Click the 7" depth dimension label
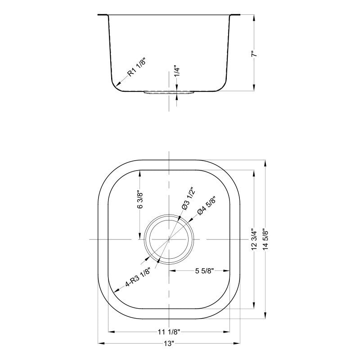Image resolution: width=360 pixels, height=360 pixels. coord(255,53)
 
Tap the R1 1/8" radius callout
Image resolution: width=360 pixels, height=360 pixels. coord(136,68)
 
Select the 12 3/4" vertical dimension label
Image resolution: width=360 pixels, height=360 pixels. coord(255,239)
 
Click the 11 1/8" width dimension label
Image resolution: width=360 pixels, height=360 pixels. coord(169,333)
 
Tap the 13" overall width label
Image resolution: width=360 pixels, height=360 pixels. coord(169,343)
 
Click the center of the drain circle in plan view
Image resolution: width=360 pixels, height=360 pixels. coord(169,239)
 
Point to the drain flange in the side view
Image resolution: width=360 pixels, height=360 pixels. coord(169,93)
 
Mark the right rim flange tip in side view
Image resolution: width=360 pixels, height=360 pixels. coord(239,15)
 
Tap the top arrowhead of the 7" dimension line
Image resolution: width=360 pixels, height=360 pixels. coord(255,17)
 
